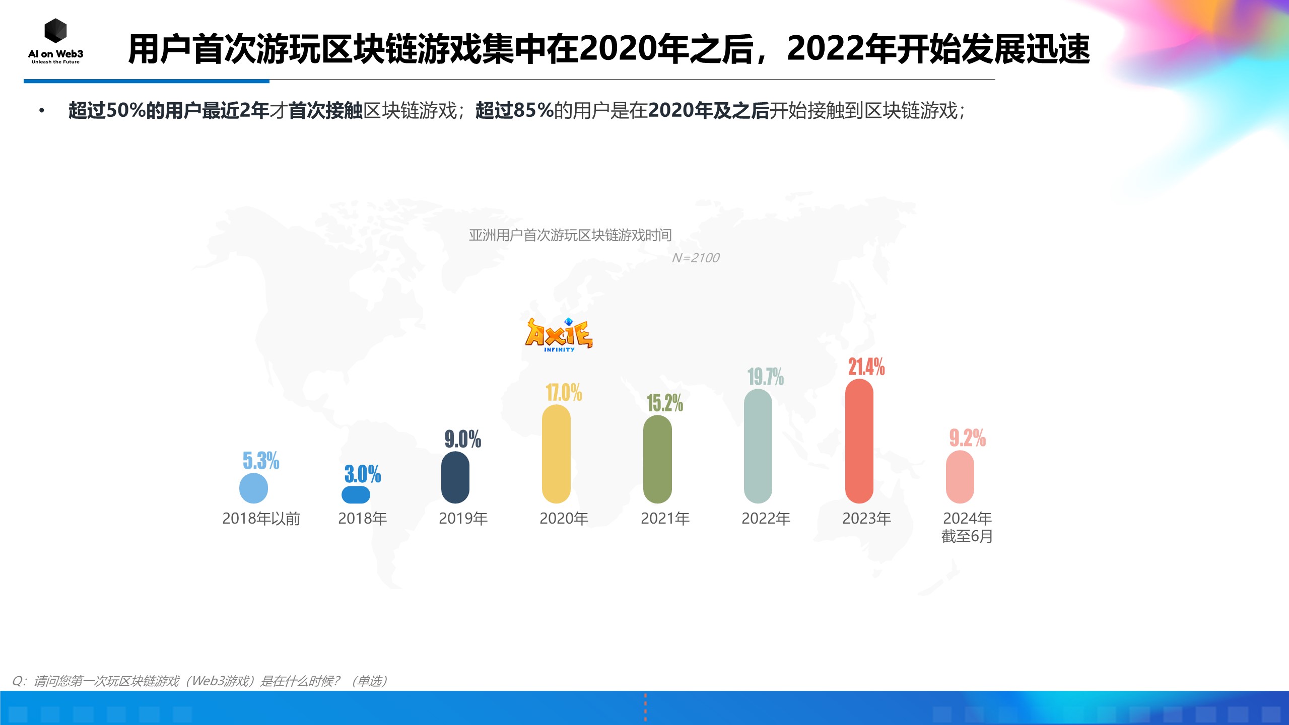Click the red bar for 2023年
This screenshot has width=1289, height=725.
(859, 441)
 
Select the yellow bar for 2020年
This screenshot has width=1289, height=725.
(556, 454)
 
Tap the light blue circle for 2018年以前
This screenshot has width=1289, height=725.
(253, 488)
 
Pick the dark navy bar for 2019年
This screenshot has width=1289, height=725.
(455, 477)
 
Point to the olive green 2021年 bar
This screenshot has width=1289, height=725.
(657, 459)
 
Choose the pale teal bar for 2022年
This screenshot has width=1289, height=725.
(758, 446)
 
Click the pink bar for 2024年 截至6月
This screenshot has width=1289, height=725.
(960, 477)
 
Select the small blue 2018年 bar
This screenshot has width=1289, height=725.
(356, 494)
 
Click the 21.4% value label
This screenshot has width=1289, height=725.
(866, 367)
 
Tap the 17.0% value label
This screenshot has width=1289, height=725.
(564, 392)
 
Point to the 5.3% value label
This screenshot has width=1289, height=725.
(261, 460)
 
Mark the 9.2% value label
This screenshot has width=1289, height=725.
(967, 438)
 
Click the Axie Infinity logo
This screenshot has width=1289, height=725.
(559, 335)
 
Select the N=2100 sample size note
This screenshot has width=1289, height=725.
(695, 258)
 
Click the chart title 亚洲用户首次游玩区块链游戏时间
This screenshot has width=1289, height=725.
(570, 235)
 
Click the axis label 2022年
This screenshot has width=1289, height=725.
(766, 518)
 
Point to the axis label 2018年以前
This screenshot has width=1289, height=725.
(261, 518)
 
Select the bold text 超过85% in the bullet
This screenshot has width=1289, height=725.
(514, 110)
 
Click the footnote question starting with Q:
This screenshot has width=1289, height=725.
(199, 681)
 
